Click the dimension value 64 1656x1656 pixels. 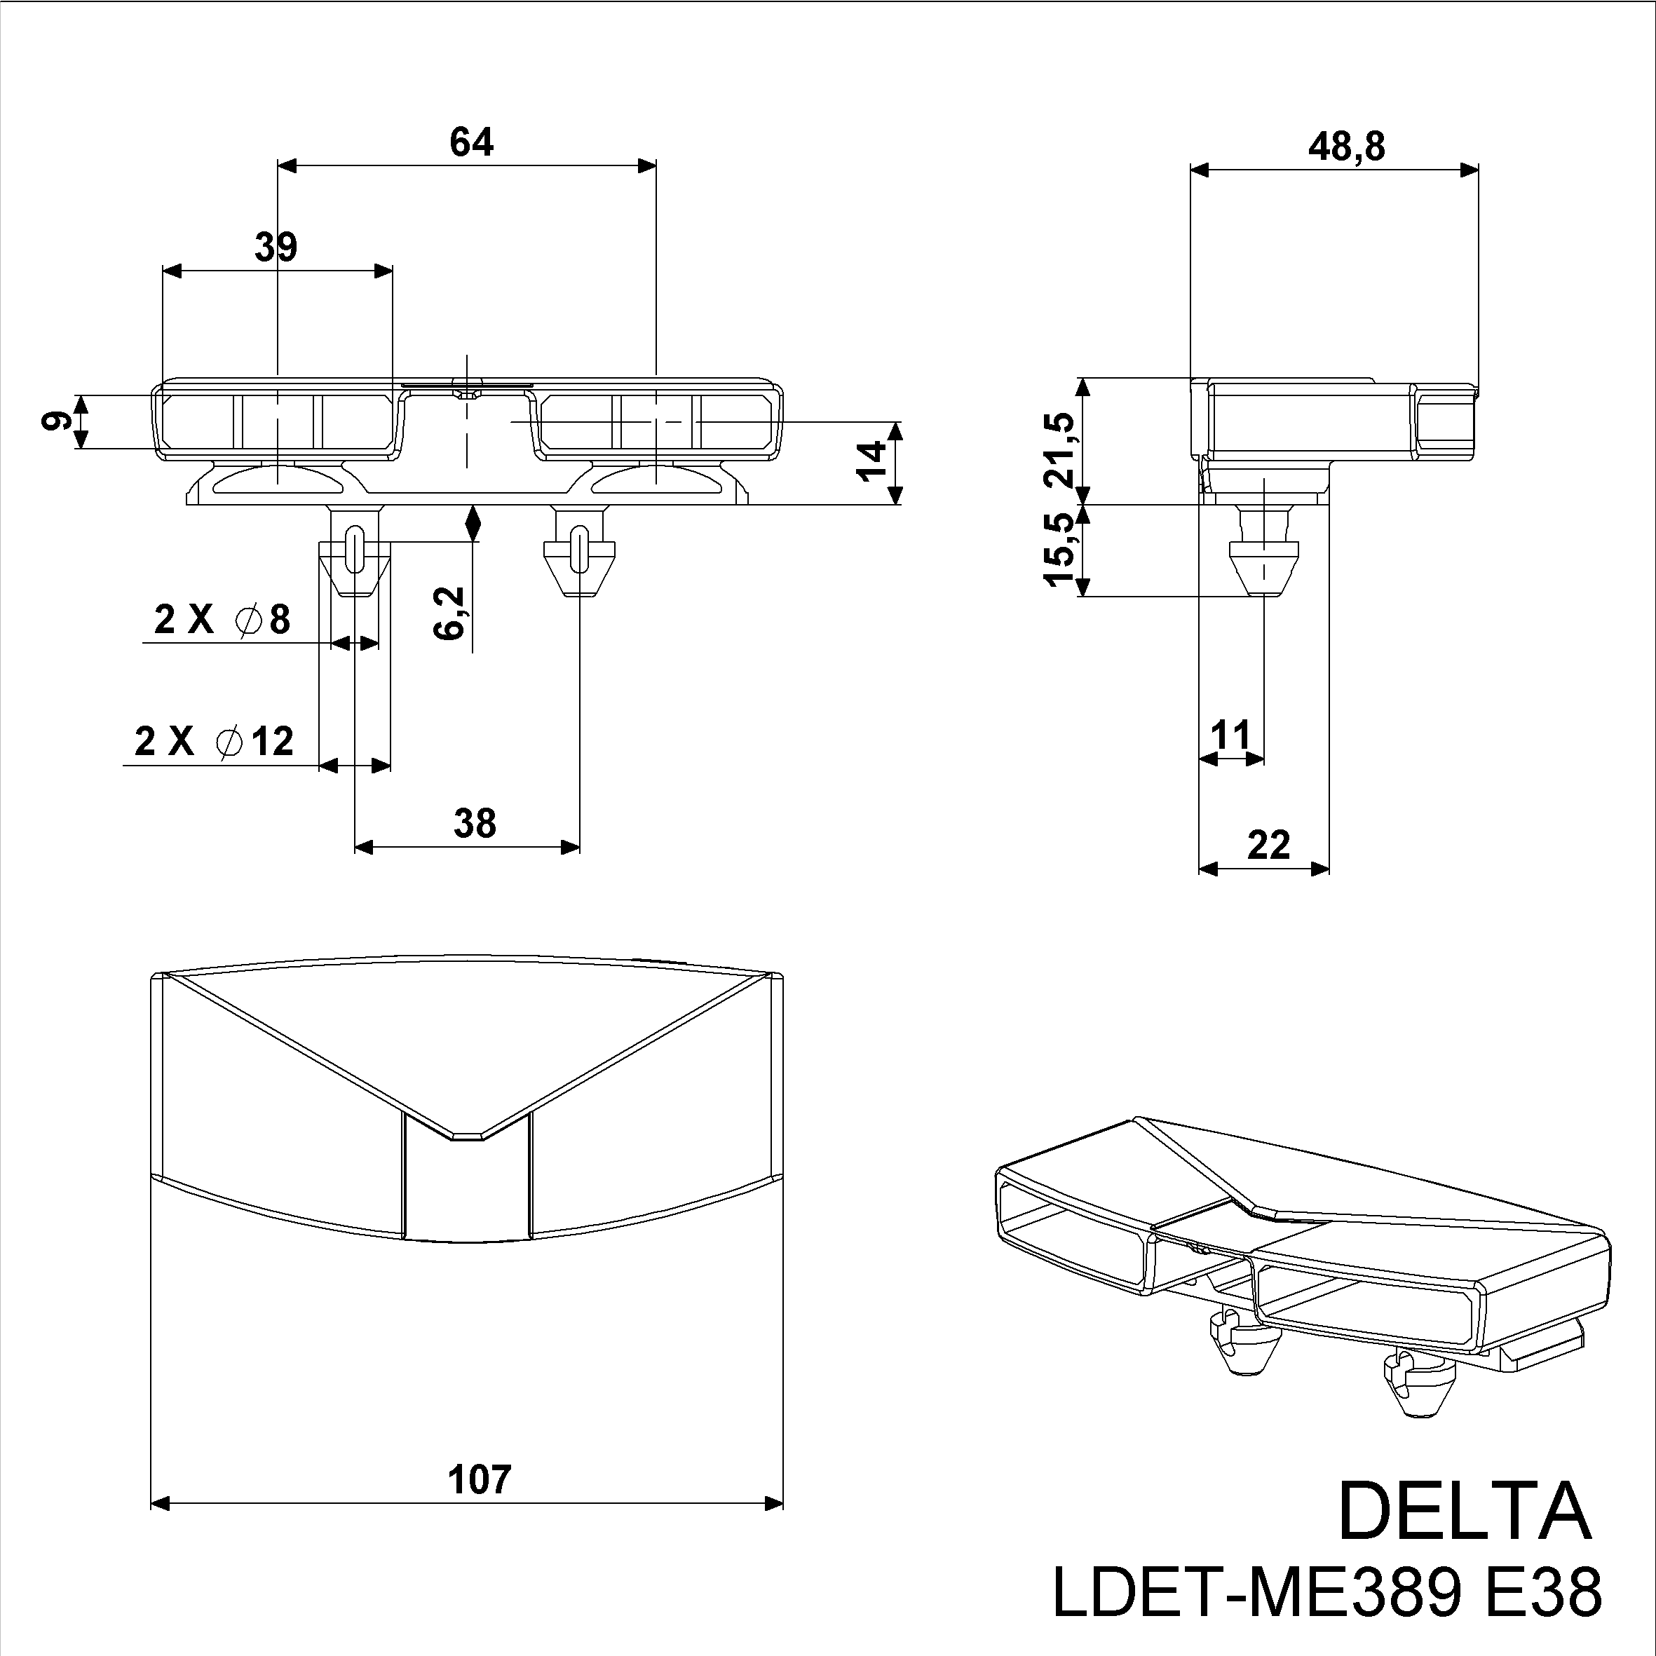pos(471,142)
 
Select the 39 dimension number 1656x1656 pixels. pos(276,247)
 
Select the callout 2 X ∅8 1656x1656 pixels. pos(222,620)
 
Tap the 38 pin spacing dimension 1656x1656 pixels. pos(474,824)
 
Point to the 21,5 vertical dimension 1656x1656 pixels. pos(1060,449)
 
